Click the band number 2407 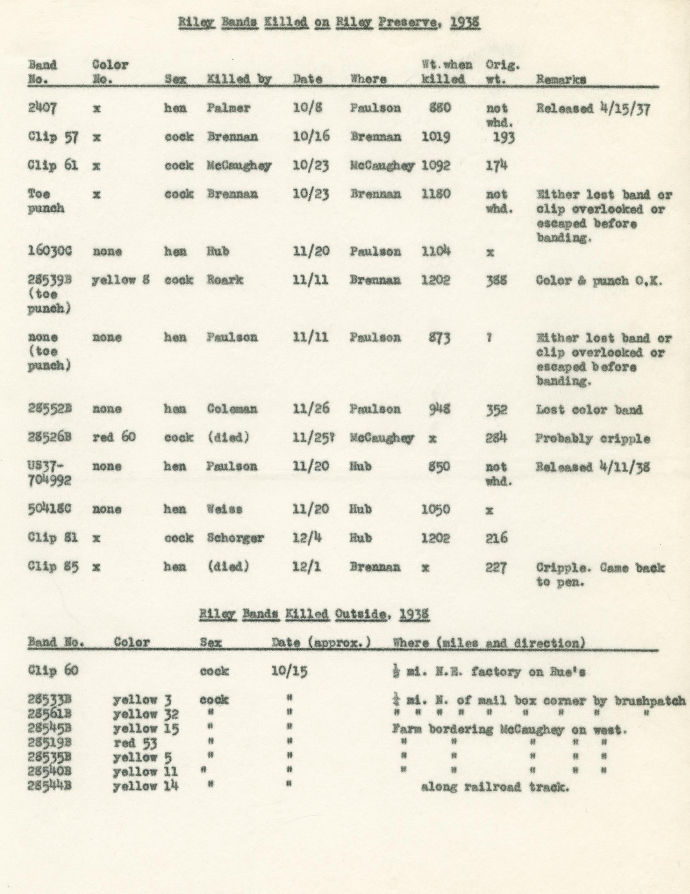pos(43,109)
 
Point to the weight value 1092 pos(436,165)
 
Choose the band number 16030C pos(50,251)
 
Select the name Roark pos(225,280)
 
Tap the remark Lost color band pos(589,410)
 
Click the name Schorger pos(235,538)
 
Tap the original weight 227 pos(496,567)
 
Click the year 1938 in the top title pos(465,23)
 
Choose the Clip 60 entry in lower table pos(53,671)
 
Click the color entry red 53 pos(135,743)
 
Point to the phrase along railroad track pos(495,787)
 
